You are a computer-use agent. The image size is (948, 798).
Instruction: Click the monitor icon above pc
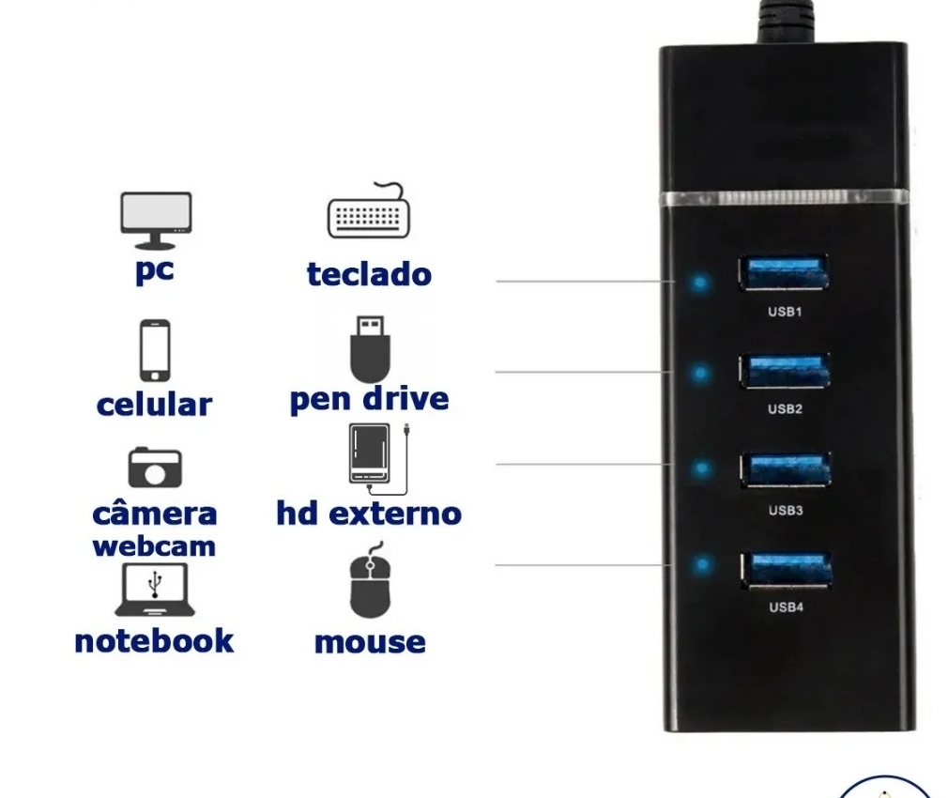(x=156, y=221)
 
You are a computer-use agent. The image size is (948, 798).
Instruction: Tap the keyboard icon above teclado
(x=368, y=211)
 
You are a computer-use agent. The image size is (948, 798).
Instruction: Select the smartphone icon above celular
(x=155, y=350)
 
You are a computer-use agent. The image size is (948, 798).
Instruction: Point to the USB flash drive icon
(x=370, y=349)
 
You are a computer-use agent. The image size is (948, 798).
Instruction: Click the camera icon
(x=155, y=468)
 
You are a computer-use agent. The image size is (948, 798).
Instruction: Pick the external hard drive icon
(x=378, y=458)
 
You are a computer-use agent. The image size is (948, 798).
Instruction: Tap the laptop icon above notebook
(x=155, y=590)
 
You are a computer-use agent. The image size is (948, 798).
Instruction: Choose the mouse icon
(x=370, y=580)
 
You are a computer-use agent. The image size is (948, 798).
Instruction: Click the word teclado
(x=370, y=274)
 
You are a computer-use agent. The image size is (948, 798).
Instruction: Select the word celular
(x=154, y=405)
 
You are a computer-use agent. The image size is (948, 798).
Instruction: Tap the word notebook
(x=154, y=641)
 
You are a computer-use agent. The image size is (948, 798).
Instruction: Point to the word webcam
(x=154, y=546)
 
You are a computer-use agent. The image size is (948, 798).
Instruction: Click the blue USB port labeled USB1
(x=784, y=272)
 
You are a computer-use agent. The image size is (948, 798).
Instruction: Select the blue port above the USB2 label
(x=784, y=370)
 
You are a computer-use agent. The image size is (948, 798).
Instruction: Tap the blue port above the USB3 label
(x=786, y=468)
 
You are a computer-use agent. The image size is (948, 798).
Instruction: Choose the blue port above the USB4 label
(x=787, y=570)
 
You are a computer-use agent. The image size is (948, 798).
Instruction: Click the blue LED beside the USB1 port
(x=700, y=283)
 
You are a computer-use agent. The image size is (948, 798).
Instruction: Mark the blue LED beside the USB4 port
(x=702, y=564)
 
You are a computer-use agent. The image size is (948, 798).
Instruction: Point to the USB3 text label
(x=786, y=510)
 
